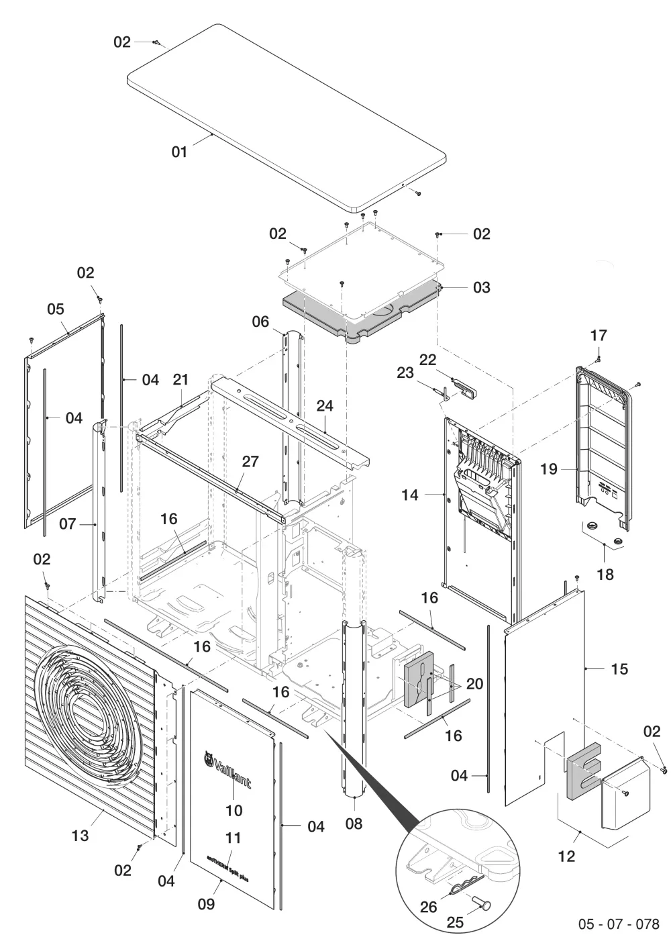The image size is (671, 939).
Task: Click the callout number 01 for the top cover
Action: tap(179, 152)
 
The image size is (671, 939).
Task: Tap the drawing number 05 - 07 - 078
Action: tap(619, 924)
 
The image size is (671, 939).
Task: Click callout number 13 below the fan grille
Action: tap(80, 836)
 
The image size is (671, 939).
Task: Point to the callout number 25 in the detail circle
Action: tap(455, 922)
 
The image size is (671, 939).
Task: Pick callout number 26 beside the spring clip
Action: tap(428, 907)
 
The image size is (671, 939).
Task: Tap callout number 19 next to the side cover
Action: tap(549, 469)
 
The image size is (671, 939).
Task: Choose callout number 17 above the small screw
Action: tap(599, 336)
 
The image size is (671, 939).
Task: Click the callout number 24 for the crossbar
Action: tap(325, 406)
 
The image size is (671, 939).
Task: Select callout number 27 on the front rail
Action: tap(250, 462)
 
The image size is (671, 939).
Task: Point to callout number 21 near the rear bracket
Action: tap(180, 380)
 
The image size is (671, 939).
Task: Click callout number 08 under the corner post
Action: tap(354, 824)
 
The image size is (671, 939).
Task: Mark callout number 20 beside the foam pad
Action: tap(475, 684)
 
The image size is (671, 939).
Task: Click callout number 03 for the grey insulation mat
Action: tap(482, 287)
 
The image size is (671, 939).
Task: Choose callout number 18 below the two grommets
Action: tap(605, 575)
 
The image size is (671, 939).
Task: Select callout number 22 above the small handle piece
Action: tap(427, 360)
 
